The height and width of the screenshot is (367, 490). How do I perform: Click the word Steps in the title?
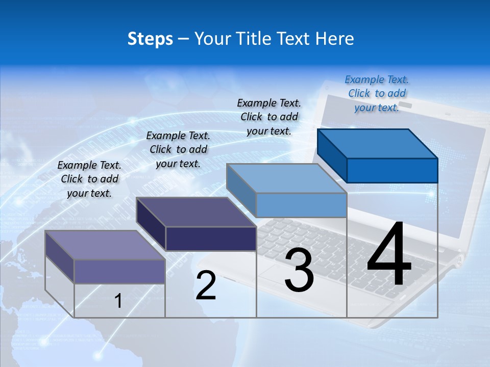[150, 39]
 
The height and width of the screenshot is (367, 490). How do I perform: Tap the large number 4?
[389, 254]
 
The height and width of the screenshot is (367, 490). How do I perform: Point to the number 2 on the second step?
[206, 285]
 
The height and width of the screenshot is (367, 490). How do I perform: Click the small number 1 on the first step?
[118, 301]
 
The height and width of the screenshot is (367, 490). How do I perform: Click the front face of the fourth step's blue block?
[392, 170]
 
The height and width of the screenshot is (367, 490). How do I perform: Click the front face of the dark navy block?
[211, 239]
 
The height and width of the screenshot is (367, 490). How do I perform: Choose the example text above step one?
[89, 179]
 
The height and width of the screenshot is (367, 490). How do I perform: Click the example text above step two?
[178, 149]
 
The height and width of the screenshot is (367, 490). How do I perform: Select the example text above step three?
[269, 117]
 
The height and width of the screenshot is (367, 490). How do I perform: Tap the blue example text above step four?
[377, 93]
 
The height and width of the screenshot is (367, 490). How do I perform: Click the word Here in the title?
[335, 39]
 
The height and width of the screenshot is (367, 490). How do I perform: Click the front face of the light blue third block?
[301, 205]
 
